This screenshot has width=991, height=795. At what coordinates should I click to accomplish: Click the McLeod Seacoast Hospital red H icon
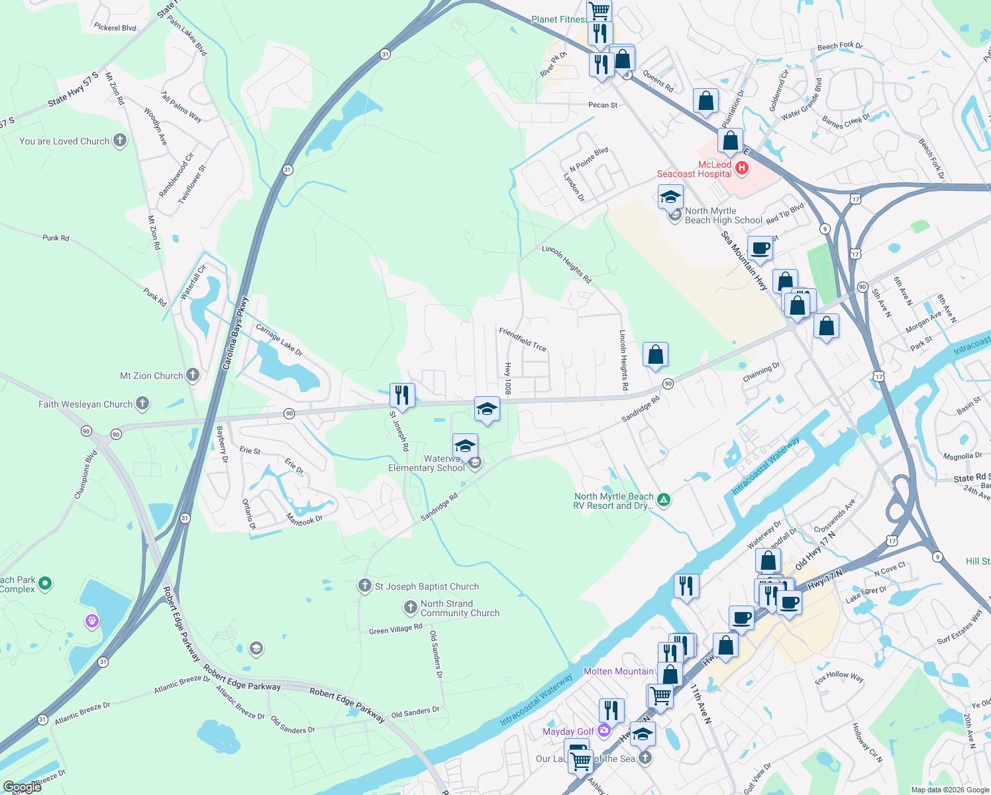(x=742, y=168)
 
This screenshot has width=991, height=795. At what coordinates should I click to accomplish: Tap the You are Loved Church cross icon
(x=119, y=140)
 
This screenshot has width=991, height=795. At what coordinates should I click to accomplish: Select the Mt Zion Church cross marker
(x=193, y=375)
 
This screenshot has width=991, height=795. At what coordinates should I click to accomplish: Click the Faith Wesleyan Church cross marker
(x=142, y=403)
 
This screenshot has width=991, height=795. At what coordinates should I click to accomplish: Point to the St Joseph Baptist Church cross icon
(x=364, y=586)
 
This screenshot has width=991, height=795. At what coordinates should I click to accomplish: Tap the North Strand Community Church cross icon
(x=411, y=608)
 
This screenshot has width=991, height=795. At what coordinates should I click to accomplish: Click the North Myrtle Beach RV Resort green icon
(x=664, y=500)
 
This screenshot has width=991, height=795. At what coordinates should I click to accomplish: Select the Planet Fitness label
(x=558, y=19)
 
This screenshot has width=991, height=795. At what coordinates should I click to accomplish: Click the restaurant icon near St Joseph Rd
(x=402, y=396)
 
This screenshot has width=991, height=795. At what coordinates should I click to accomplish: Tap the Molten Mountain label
(x=618, y=671)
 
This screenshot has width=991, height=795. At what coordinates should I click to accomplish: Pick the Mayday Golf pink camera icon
(x=603, y=731)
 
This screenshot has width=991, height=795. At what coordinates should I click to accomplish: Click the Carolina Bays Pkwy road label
(x=235, y=333)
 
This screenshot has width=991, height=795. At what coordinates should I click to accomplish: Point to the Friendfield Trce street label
(x=523, y=339)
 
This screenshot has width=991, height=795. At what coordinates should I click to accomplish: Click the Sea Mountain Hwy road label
(x=744, y=260)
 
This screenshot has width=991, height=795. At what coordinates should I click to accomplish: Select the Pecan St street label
(x=603, y=105)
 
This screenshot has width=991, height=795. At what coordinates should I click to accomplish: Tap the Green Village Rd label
(x=395, y=629)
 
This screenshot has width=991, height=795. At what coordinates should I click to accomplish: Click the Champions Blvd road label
(x=85, y=474)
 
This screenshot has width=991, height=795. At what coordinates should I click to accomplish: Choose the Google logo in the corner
(x=22, y=787)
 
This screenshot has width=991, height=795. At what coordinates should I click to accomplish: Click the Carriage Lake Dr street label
(x=279, y=341)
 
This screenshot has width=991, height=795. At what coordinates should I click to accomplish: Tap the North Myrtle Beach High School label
(x=723, y=215)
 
